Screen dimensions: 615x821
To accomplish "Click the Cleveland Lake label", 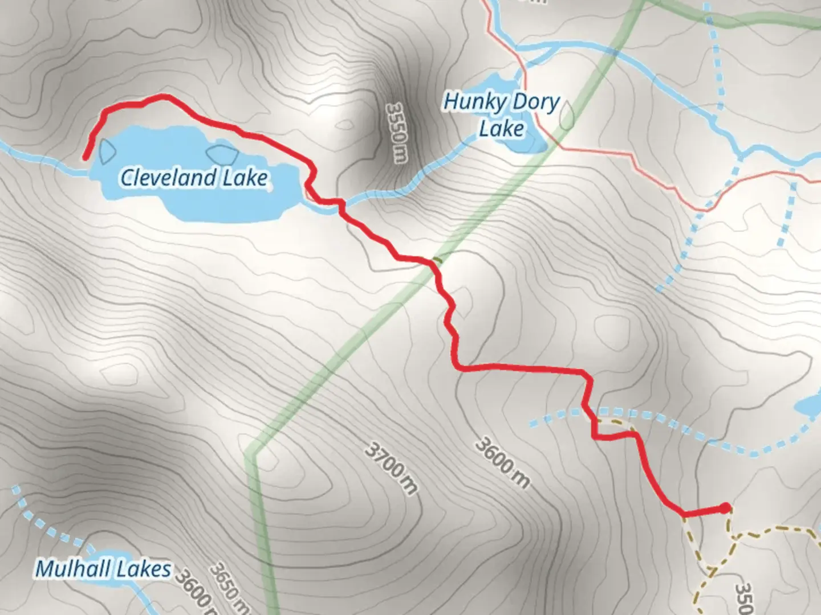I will (194, 178).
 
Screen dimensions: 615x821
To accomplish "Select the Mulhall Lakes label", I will (103, 569).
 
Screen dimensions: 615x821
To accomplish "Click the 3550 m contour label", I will (396, 132).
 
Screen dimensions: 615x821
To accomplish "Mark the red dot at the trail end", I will (725, 508).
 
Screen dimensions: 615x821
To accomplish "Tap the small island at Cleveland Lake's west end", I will (107, 151).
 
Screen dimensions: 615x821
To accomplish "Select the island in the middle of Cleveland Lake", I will (220, 154).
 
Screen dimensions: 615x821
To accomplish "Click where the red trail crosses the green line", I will (436, 261).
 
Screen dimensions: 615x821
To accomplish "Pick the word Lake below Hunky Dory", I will (501, 129).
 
